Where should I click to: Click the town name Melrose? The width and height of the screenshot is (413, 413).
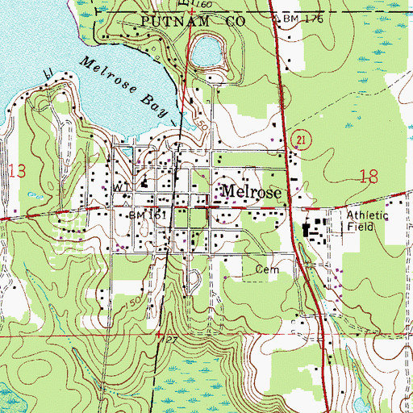[251, 194]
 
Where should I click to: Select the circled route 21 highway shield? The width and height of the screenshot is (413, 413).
[300, 140]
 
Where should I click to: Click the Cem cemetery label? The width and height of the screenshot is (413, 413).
[266, 269]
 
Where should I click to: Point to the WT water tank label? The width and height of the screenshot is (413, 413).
[122, 186]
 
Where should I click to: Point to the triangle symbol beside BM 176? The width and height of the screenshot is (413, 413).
[279, 17]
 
